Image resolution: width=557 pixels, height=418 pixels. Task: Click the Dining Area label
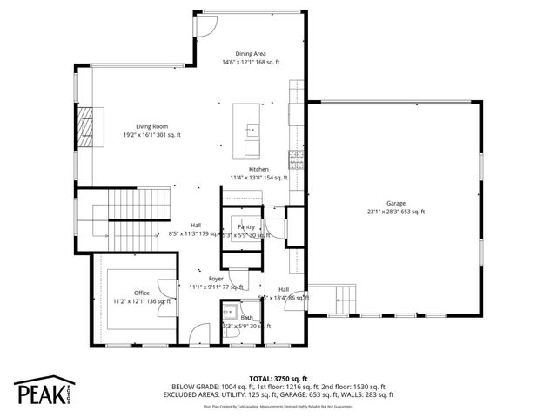pos(250,54)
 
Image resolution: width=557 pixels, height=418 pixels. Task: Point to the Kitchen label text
pos(258,169)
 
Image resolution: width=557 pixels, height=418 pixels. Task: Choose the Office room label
pos(142,293)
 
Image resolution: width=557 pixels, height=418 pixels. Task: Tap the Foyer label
pos(216,279)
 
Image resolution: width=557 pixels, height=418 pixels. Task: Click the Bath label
pos(247,318)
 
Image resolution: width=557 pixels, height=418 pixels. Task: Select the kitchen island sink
pos(252,130)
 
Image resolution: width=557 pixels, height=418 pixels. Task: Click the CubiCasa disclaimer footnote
pos(278,406)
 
